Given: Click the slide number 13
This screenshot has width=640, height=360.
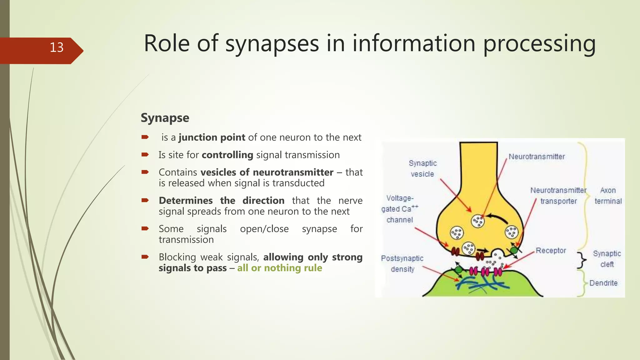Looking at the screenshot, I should [x=57, y=47].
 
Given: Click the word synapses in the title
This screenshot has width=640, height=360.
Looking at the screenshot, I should [x=272, y=43].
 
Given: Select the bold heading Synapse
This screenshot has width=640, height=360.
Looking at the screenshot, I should [x=165, y=118].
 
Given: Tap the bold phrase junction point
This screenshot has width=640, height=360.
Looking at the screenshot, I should [x=212, y=137].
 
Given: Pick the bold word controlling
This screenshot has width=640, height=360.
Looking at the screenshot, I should [x=227, y=155].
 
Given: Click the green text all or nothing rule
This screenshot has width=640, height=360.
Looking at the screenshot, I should [x=279, y=268].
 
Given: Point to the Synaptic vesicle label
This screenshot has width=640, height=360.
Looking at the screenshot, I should [x=422, y=169].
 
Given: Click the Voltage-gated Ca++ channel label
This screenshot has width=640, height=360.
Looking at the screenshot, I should [x=399, y=209].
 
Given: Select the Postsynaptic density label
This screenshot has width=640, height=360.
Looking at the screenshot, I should [x=402, y=264].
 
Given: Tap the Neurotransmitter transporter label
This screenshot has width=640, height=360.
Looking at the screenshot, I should [x=558, y=196].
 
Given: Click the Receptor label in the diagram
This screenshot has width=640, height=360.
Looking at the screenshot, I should [x=551, y=251].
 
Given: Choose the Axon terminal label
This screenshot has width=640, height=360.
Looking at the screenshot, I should [x=608, y=196].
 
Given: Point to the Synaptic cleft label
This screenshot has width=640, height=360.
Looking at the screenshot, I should [x=607, y=259].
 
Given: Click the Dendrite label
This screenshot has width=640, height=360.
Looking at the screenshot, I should [x=603, y=283].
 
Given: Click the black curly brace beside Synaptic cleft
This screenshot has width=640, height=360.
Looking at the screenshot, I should [x=582, y=260].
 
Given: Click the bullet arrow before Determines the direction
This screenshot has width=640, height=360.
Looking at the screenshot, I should [x=145, y=200].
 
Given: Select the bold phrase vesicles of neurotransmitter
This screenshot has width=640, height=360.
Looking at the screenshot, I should [x=267, y=172].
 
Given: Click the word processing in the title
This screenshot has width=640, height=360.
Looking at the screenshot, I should [x=539, y=43].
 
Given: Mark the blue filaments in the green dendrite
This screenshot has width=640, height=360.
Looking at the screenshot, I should [x=481, y=283].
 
